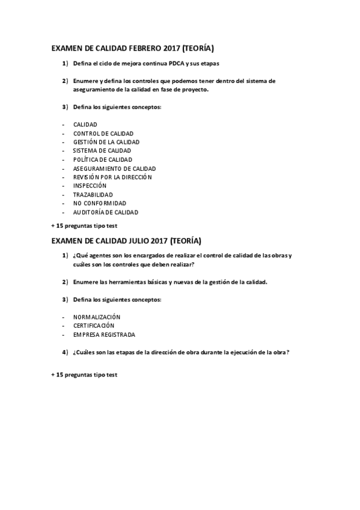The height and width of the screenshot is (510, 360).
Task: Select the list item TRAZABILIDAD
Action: (x=94, y=195)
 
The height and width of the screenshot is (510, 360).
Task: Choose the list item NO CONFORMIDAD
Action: (x=99, y=203)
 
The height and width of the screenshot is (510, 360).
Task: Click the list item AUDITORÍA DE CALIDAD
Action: (x=105, y=212)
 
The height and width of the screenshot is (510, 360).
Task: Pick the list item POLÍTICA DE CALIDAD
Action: (x=102, y=159)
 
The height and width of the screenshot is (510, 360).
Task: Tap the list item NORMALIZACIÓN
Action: (x=96, y=316)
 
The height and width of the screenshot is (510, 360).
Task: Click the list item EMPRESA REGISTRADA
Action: (x=104, y=334)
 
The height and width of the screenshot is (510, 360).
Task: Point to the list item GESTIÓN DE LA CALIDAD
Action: (x=106, y=142)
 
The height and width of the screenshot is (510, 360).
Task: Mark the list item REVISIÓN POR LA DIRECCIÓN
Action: (x=112, y=177)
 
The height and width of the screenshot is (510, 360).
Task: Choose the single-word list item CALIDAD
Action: (x=85, y=124)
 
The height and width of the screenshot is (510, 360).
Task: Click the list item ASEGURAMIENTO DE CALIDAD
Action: (x=114, y=168)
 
